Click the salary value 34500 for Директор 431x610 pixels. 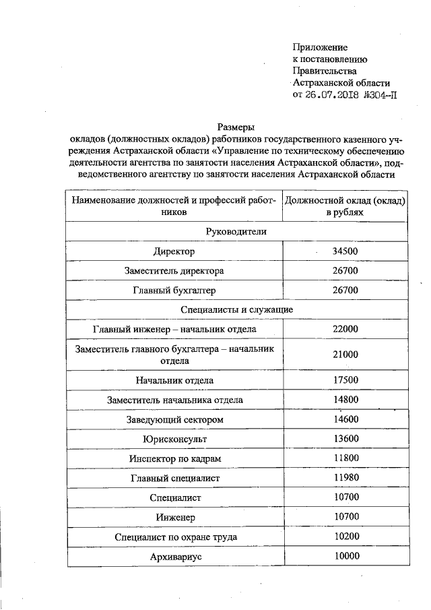pyautogui.click(x=345, y=251)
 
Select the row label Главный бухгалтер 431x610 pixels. pyautogui.click(x=174, y=290)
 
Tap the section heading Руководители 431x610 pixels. pyautogui.click(x=236, y=231)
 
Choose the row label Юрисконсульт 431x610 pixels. pyautogui.click(x=174, y=439)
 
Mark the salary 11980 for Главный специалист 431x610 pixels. pyautogui.click(x=345, y=478)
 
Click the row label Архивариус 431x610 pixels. pyautogui.click(x=174, y=557)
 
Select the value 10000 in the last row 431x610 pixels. pyautogui.click(x=345, y=556)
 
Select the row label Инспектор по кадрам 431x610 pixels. pyautogui.click(x=174, y=458)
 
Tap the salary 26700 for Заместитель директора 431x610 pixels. pyautogui.click(x=345, y=270)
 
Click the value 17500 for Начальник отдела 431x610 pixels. pyautogui.click(x=345, y=380)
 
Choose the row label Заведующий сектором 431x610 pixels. pyautogui.click(x=174, y=419)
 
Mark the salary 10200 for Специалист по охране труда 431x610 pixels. pyautogui.click(x=345, y=537)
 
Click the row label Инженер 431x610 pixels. pyautogui.click(x=174, y=517)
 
